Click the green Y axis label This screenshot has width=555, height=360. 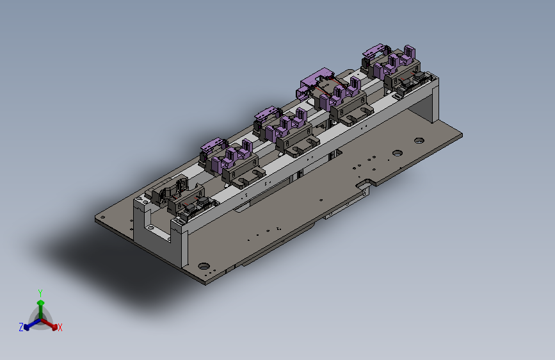[40, 293]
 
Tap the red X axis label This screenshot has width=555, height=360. [60, 327]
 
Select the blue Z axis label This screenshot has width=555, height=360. [21, 327]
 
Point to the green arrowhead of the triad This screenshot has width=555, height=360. [41, 303]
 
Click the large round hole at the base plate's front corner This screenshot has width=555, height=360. [204, 266]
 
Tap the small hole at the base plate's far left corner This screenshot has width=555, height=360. [103, 218]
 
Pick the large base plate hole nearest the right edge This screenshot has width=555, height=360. [419, 141]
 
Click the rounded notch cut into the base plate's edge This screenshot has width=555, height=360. [366, 183]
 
